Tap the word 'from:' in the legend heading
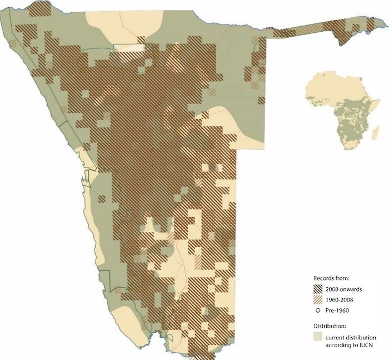[341, 277]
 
